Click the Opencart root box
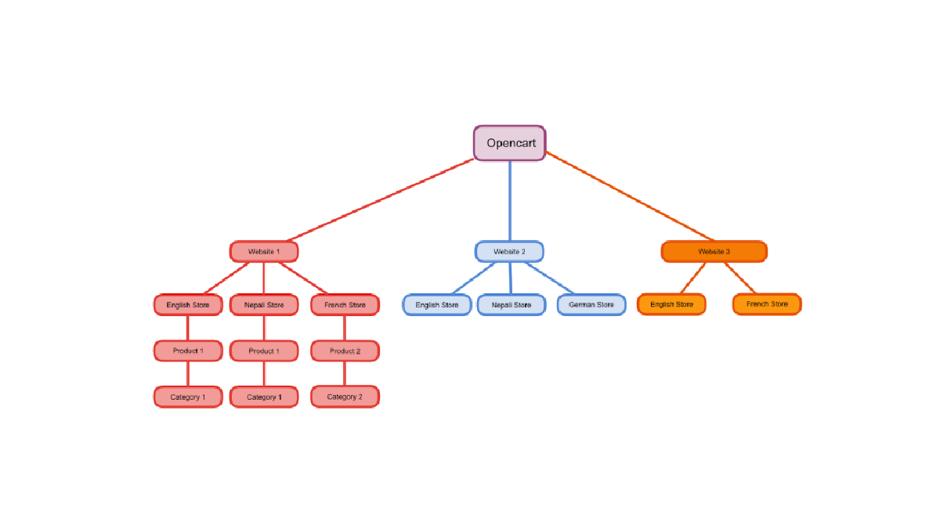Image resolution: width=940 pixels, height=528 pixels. coord(509,143)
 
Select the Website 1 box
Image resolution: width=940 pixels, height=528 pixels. coord(264,251)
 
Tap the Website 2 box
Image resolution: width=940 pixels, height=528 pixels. coord(509,251)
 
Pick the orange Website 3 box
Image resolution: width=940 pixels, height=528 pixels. coord(714,251)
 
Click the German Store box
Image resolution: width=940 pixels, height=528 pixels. coord(591,304)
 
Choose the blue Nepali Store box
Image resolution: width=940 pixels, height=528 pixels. coord(512,304)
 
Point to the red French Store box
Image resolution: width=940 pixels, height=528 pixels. coord(345,304)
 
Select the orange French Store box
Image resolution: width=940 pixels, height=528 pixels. coord(767,304)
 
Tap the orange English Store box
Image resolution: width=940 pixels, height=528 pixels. coord(671,304)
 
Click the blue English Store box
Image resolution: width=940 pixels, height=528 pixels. coord(437,304)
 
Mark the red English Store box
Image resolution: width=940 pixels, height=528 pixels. coord(188,304)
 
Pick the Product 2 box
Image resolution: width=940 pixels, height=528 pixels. coord(345,350)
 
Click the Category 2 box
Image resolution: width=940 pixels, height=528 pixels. coord(345,397)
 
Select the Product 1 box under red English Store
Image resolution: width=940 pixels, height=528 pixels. coord(188,350)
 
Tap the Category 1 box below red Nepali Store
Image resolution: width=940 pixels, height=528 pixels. coord(264,397)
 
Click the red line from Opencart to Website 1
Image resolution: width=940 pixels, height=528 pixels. coord(381,200)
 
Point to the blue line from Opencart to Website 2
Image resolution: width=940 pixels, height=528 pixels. coord(510,201)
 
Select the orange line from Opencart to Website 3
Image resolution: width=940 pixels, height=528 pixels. coord(630,196)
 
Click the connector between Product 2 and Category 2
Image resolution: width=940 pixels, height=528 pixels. coord(345,373)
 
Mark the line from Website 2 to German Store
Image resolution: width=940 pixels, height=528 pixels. coord(550,278)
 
